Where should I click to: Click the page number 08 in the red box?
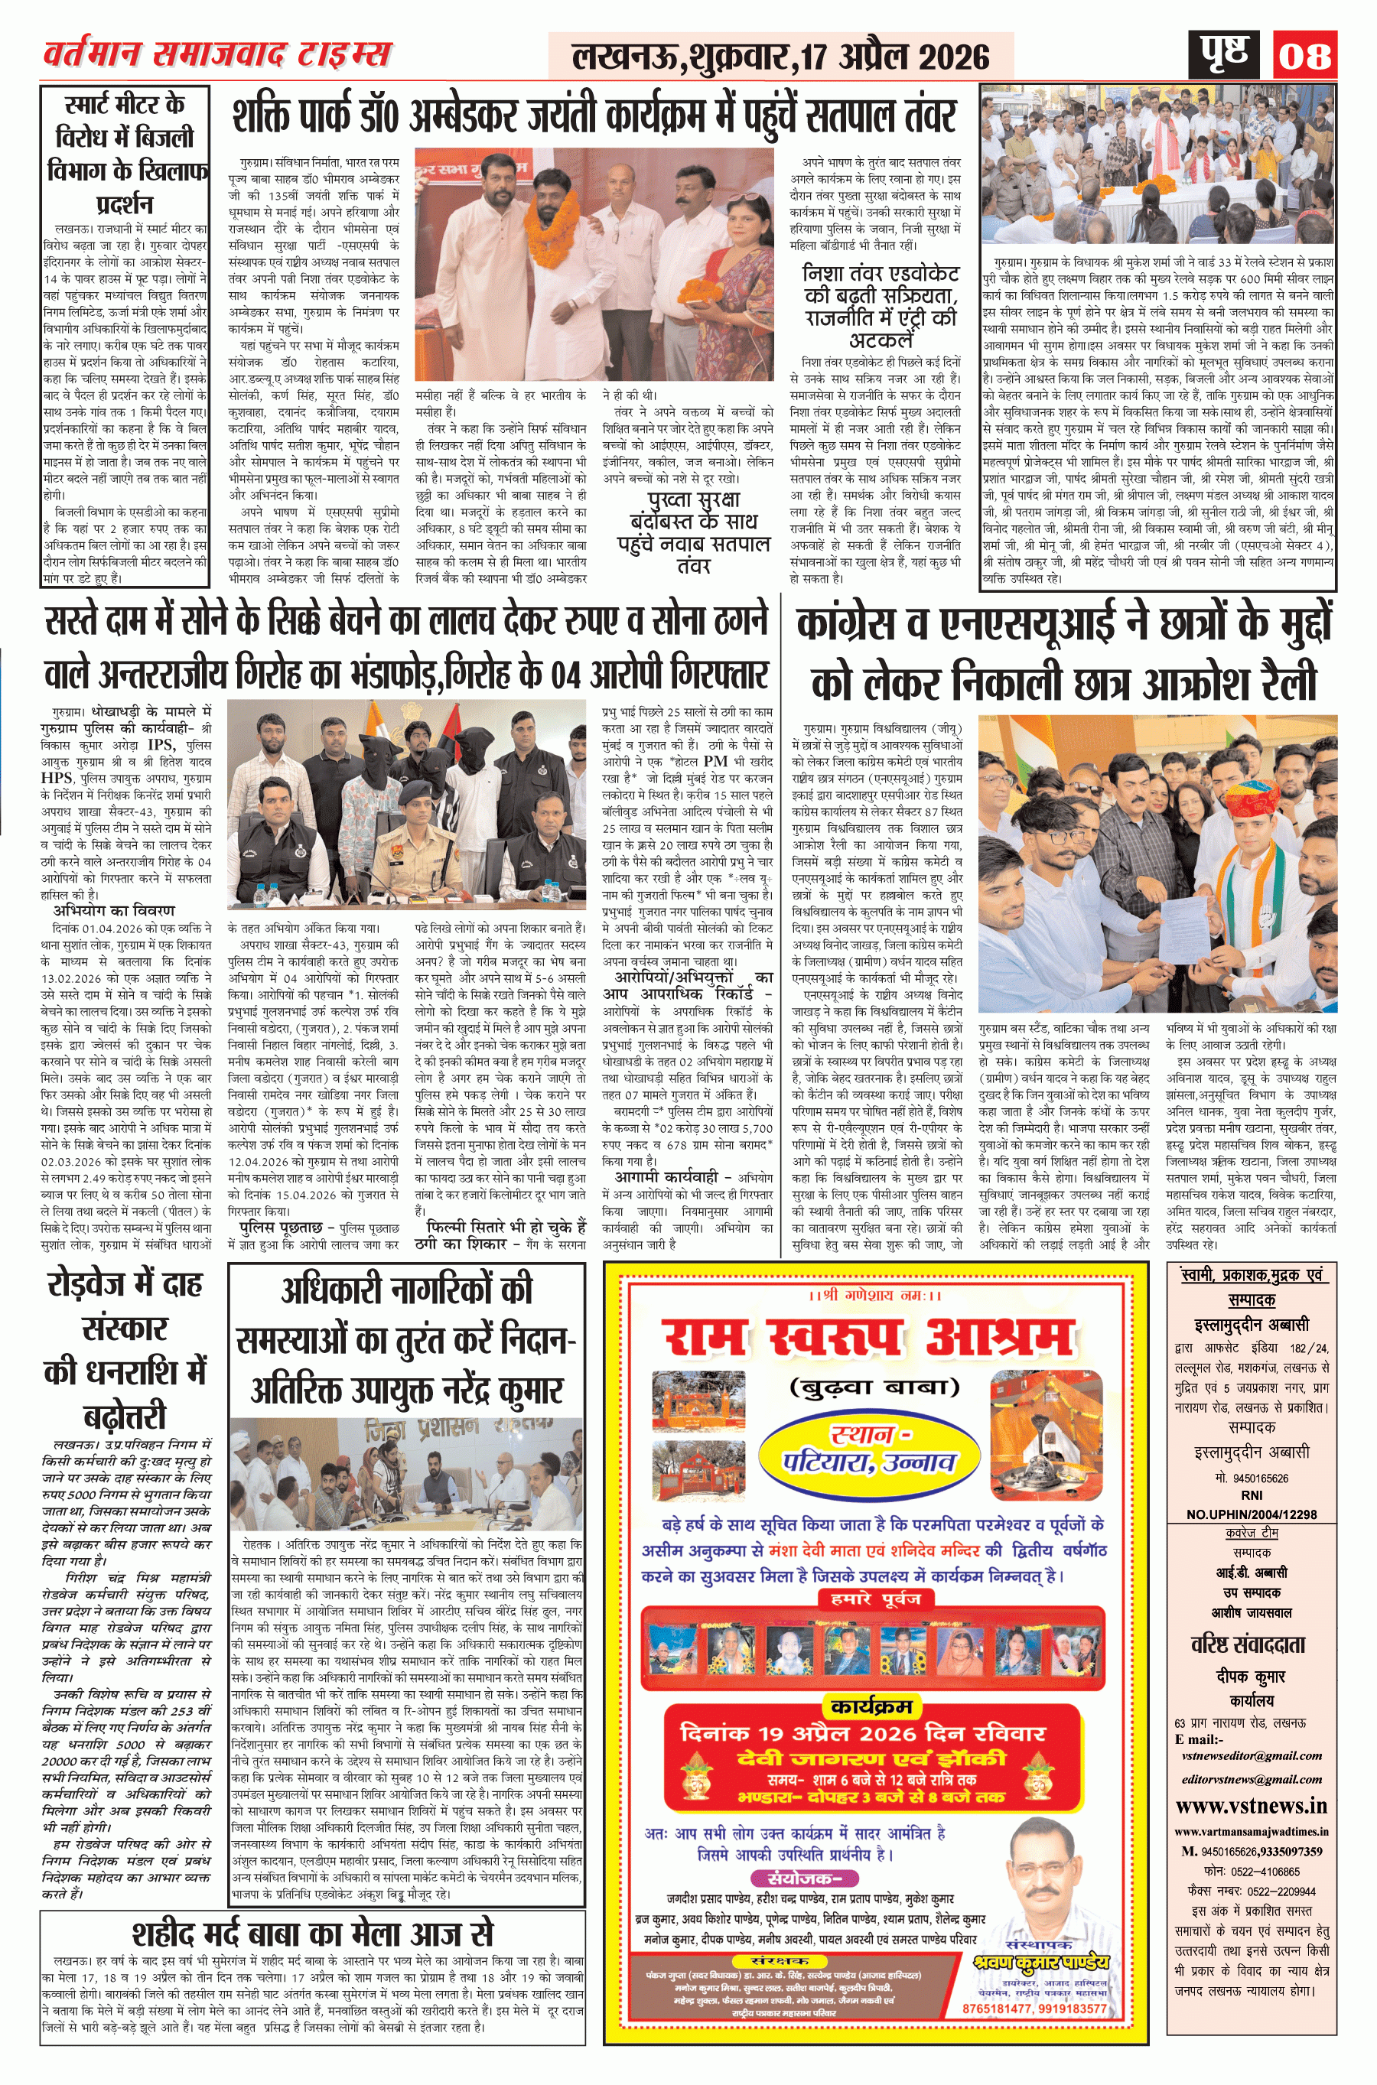1305,55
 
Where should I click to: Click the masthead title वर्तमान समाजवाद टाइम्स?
217,54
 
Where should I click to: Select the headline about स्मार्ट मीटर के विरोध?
125,155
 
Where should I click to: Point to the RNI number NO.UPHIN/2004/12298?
1252,1514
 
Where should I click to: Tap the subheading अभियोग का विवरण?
113,909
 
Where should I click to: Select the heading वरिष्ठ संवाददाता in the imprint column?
1252,1644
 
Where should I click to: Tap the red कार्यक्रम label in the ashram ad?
871,1706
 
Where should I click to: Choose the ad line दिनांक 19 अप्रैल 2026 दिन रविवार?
862,1733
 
